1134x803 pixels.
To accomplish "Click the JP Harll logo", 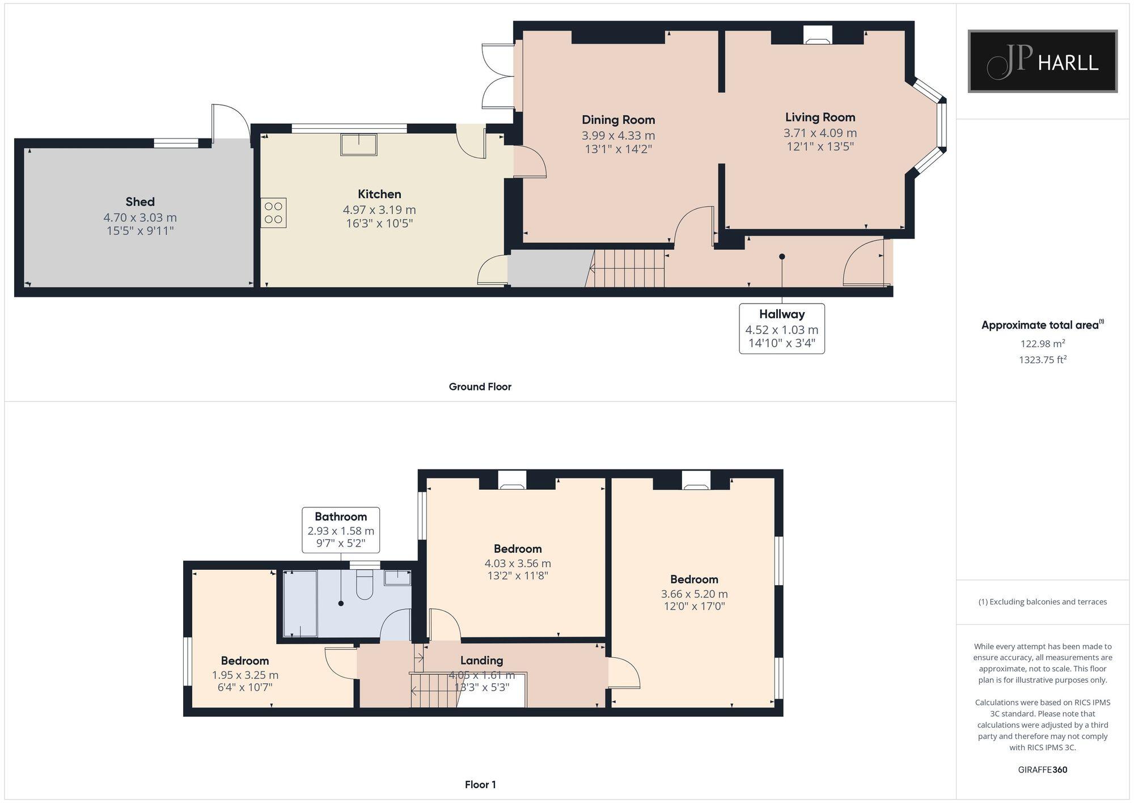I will click(x=1042, y=61).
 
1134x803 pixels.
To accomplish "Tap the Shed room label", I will click(x=140, y=202).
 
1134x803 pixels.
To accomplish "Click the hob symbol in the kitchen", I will click(x=273, y=213).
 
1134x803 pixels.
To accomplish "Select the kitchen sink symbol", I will click(x=358, y=144).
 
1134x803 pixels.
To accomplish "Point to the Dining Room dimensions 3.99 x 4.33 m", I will click(x=618, y=136).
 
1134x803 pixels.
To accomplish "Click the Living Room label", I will click(x=820, y=117).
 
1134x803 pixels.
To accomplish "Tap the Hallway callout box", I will click(x=781, y=329).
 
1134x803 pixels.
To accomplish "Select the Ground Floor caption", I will click(x=480, y=387).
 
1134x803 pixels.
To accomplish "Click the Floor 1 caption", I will click(x=480, y=785).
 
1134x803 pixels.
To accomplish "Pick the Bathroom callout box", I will click(x=341, y=530).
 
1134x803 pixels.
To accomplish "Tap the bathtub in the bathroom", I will click(x=300, y=604).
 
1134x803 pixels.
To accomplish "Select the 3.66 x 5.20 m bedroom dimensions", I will click(x=694, y=594).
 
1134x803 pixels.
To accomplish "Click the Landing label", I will click(x=481, y=661).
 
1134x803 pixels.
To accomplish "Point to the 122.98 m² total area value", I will click(x=1042, y=344).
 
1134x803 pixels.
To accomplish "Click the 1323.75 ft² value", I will click(x=1042, y=360).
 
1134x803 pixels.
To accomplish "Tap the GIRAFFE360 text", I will click(x=1042, y=770).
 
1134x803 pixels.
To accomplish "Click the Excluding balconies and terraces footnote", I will click(x=1042, y=602).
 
